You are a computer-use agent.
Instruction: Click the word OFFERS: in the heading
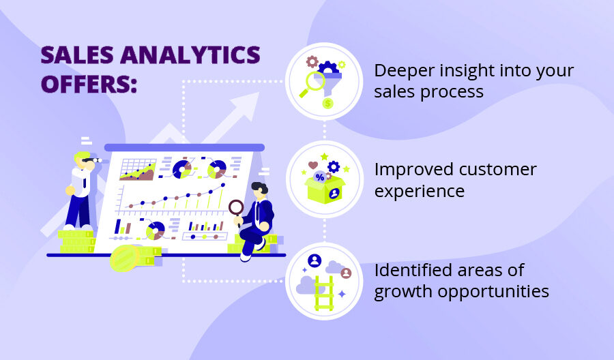coord(89,85)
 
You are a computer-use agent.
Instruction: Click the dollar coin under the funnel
coord(328,104)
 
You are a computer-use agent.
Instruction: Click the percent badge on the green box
coord(319,177)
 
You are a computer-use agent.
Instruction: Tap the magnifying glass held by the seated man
coord(236,207)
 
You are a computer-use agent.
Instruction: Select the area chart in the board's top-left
coord(137,170)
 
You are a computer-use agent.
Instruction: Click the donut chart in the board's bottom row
coord(156,230)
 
